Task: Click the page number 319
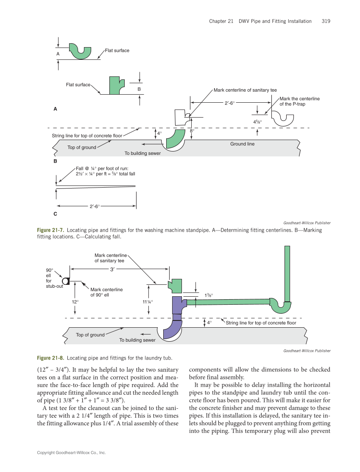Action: (326, 21)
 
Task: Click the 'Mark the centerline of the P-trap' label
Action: (299, 101)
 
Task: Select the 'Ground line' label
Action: (242, 144)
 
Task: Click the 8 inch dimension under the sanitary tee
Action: (192, 131)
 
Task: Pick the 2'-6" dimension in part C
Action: (95, 206)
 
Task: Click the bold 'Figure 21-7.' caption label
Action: (50, 230)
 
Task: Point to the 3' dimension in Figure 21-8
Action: (113, 269)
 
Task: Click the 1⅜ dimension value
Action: (209, 295)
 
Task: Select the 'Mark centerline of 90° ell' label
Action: (106, 292)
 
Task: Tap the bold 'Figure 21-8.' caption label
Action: (50, 357)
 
